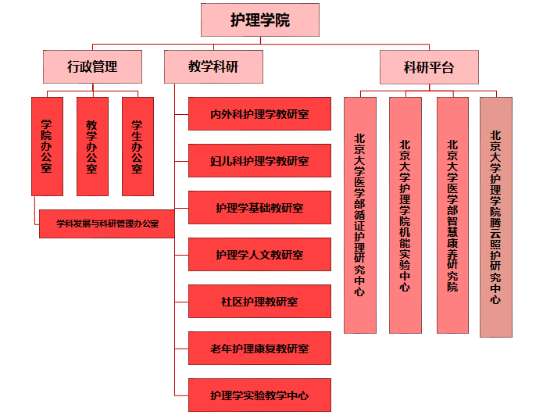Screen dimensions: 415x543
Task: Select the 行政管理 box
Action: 92,66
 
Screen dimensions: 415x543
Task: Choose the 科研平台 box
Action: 429,66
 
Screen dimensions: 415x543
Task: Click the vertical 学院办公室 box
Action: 47,146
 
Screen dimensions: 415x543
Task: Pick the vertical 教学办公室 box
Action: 92,146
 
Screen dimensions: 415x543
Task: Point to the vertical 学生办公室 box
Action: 138,146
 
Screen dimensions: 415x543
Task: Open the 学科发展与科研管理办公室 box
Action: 107,224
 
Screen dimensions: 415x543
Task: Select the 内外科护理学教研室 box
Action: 259,114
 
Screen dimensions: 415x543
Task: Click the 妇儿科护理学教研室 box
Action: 259,161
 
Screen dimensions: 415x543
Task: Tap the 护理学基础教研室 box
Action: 259,208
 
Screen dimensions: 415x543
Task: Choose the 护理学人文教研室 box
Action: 259,255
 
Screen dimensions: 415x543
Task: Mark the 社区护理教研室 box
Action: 259,301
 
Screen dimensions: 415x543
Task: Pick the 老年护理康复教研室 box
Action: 259,348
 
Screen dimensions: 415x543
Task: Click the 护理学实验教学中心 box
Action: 259,395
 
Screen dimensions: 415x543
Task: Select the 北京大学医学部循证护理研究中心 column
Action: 359,215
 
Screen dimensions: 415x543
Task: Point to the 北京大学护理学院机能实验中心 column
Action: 405,215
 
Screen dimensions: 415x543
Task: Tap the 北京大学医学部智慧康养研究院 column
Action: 452,215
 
